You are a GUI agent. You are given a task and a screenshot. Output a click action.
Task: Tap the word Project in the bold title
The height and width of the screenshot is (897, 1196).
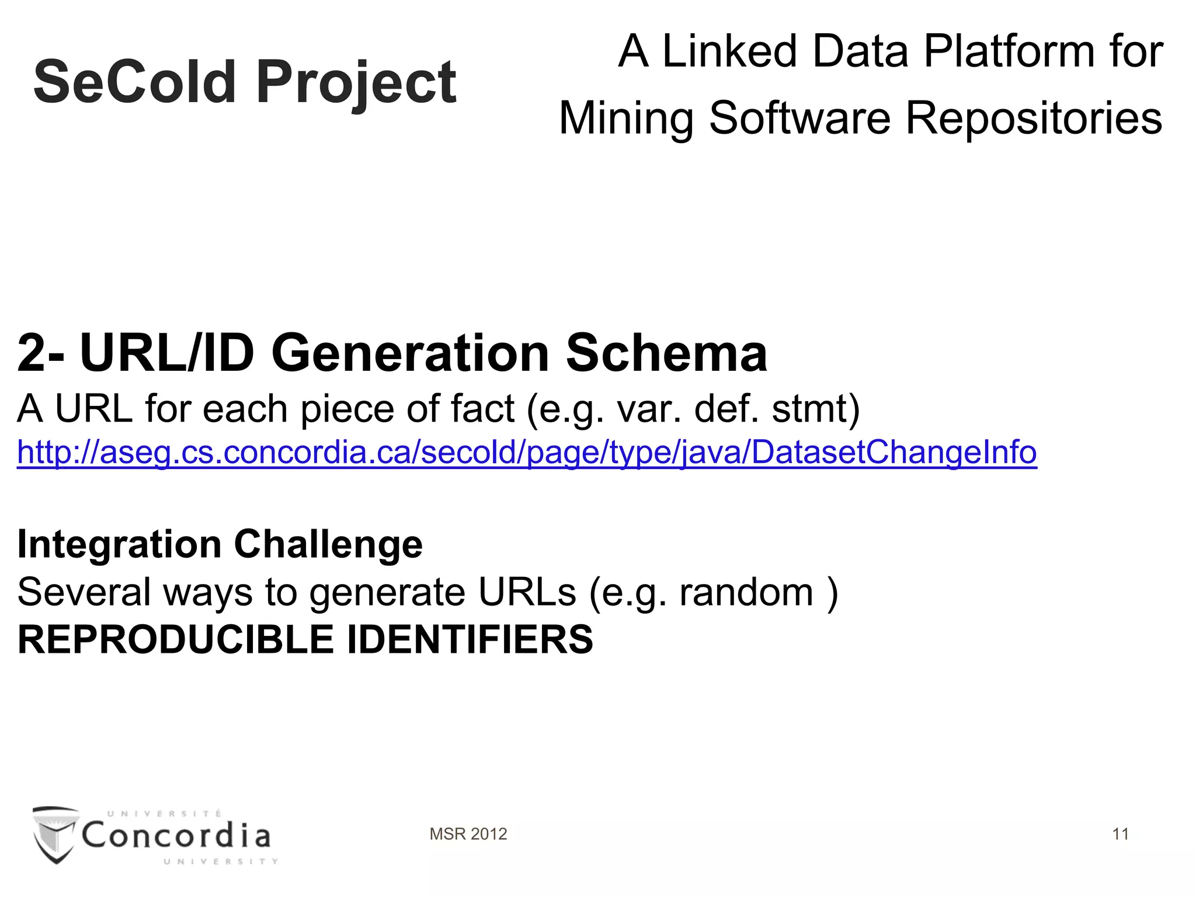[x=356, y=83]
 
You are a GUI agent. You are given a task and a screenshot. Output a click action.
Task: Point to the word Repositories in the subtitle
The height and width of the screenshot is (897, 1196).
[x=1034, y=119]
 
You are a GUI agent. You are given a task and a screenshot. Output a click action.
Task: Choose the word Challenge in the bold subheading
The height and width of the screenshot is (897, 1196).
[x=328, y=544]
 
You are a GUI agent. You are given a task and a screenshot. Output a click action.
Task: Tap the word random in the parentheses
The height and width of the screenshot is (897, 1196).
[x=746, y=592]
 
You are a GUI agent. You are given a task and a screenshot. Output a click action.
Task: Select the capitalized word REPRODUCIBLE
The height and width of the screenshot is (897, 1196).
[x=176, y=639]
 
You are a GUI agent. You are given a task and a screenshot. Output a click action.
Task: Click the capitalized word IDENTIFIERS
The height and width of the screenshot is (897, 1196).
[x=470, y=639]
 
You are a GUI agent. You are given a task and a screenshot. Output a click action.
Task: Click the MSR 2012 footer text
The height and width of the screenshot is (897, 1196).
[x=468, y=834]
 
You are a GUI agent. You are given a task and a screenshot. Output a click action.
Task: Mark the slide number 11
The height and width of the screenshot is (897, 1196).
[x=1120, y=834]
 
